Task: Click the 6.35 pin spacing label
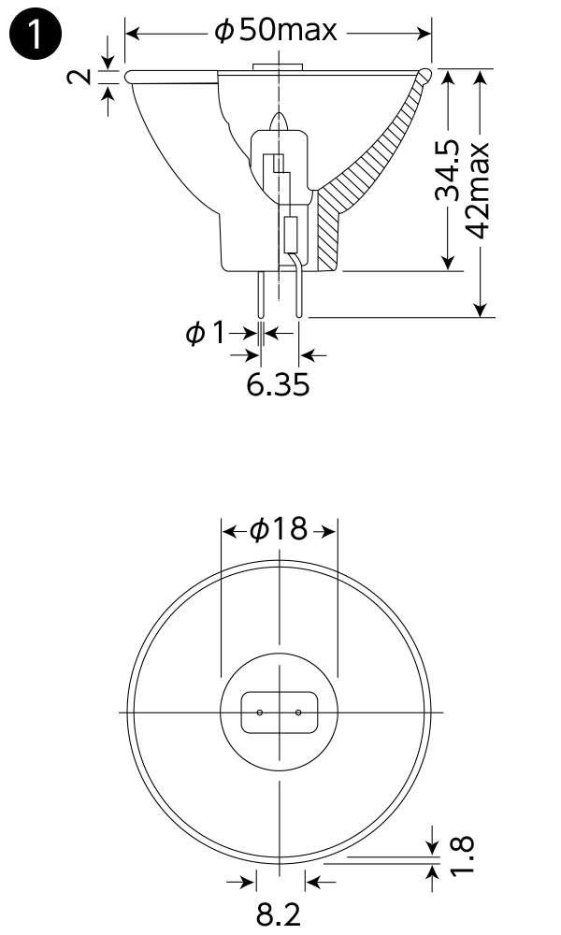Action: (x=278, y=384)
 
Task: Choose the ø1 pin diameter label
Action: (x=206, y=332)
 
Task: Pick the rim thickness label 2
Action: (x=83, y=75)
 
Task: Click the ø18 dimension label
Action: (x=278, y=530)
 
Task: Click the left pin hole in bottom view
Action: (x=261, y=713)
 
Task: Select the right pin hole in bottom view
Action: (x=298, y=713)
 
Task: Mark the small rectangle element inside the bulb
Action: (x=291, y=234)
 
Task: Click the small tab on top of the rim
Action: (x=277, y=66)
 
